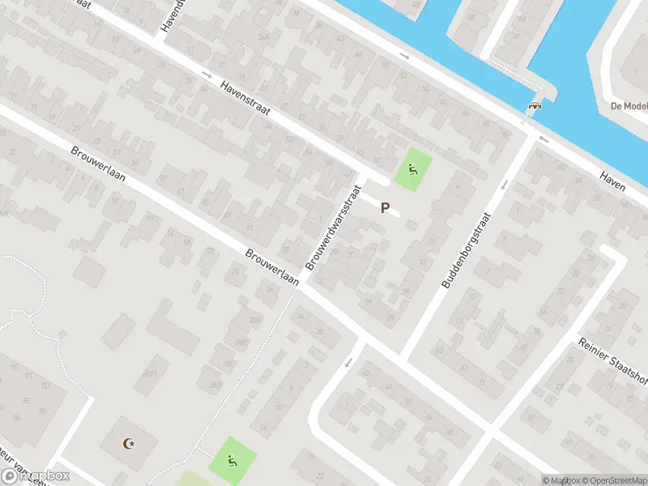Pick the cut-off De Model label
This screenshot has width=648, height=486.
629,106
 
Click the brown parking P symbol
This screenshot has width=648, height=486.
386,208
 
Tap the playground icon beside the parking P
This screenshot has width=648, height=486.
412,169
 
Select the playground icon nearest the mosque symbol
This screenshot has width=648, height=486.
232,463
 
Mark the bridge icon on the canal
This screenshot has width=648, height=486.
534,104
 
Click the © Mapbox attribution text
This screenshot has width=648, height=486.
558,480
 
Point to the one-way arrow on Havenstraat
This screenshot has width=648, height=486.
207,75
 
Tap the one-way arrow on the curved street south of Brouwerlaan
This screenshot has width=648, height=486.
347,363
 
